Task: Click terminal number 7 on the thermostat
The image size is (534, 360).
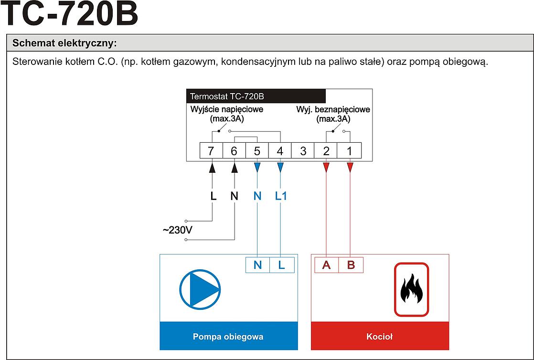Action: click(x=211, y=151)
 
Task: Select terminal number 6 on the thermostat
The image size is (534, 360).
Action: click(x=234, y=151)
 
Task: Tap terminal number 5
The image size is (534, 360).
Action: click(x=257, y=151)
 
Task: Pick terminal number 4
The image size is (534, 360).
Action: click(x=280, y=151)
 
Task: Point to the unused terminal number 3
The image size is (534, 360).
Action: click(x=303, y=151)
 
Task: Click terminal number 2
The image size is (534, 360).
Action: click(x=326, y=151)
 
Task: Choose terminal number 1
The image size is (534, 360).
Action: click(x=349, y=151)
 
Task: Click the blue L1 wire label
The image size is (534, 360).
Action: click(x=281, y=196)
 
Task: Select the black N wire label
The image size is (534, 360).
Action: click(x=234, y=196)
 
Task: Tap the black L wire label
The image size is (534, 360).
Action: click(x=213, y=196)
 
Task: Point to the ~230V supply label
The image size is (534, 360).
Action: click(x=177, y=230)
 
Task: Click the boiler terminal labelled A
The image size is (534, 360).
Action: click(x=327, y=265)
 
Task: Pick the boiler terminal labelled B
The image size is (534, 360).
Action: click(x=351, y=265)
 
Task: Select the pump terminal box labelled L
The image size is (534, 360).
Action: click(x=282, y=265)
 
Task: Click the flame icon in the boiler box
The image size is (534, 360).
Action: click(x=411, y=289)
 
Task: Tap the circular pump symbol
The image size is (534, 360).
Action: click(x=200, y=289)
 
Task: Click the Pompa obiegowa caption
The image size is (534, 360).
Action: click(x=228, y=337)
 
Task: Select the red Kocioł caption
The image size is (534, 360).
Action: click(x=379, y=337)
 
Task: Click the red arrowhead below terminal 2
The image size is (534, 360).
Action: click(x=326, y=167)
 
